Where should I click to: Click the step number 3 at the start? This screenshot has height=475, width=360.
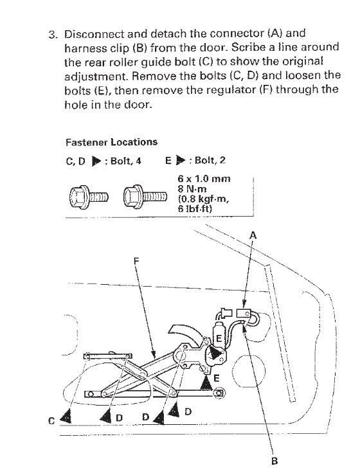click(x=53, y=34)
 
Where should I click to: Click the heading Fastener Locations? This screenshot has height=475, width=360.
click(x=111, y=142)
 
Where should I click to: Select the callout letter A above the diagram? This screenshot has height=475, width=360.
click(x=253, y=235)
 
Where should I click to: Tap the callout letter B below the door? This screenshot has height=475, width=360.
click(x=274, y=462)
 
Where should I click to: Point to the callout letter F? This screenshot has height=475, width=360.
click(x=136, y=260)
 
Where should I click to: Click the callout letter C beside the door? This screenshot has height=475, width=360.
click(x=51, y=421)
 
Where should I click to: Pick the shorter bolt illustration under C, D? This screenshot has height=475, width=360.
click(x=89, y=197)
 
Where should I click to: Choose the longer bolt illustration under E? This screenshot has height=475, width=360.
click(x=145, y=197)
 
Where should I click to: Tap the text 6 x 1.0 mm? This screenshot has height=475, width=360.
click(x=204, y=179)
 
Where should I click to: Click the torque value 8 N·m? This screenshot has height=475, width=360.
click(x=192, y=189)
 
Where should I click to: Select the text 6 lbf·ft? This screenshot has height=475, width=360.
click(x=195, y=209)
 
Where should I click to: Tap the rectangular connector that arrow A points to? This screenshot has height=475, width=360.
click(x=244, y=312)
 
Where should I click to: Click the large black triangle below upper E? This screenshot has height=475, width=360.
click(x=215, y=352)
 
